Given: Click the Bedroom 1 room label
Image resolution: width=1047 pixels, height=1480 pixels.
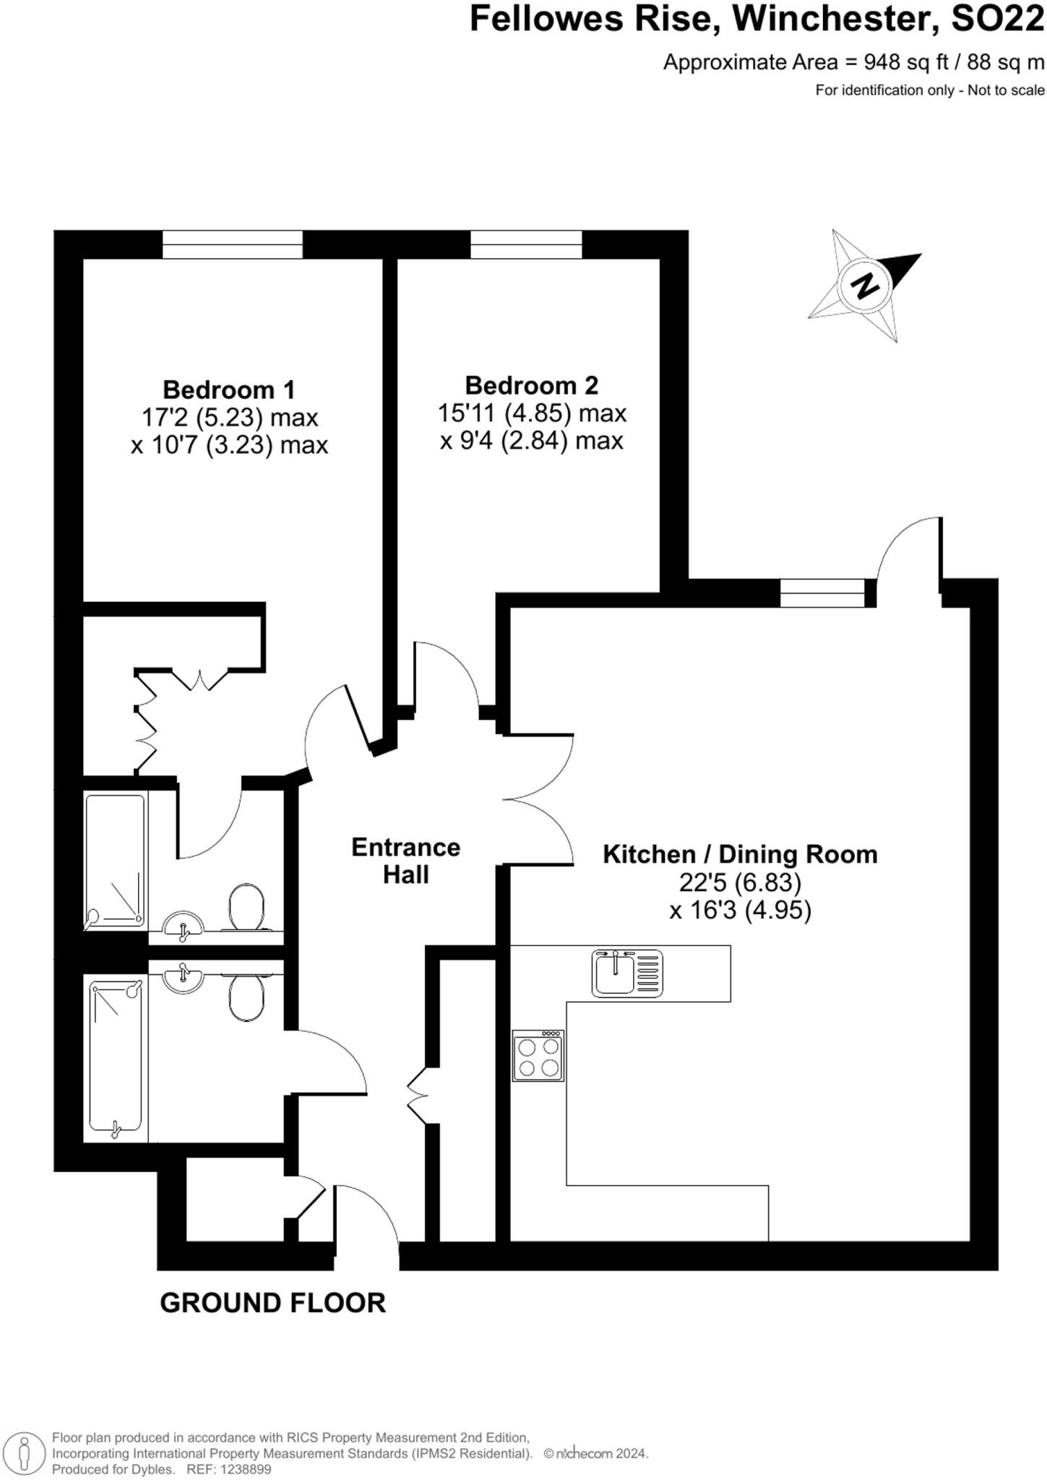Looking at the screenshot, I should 229,390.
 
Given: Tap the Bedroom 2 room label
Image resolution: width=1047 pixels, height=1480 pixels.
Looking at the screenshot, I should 531,385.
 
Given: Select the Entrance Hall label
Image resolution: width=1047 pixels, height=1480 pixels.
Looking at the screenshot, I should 405,861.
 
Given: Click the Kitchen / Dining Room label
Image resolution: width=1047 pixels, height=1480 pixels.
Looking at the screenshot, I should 740,854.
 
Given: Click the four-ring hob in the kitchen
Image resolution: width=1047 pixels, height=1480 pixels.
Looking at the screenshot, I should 538,1057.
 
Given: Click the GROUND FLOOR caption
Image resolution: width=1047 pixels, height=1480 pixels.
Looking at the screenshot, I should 272,1303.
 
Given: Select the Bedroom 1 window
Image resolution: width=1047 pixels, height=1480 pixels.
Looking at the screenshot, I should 232,244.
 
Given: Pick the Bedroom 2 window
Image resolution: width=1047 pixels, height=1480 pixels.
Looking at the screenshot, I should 526,244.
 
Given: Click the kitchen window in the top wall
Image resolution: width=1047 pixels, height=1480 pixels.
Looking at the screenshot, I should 822,593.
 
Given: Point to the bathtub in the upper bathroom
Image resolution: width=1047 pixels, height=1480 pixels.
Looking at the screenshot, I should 116,861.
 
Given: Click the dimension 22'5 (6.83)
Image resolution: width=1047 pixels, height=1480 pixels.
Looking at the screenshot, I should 740,882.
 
